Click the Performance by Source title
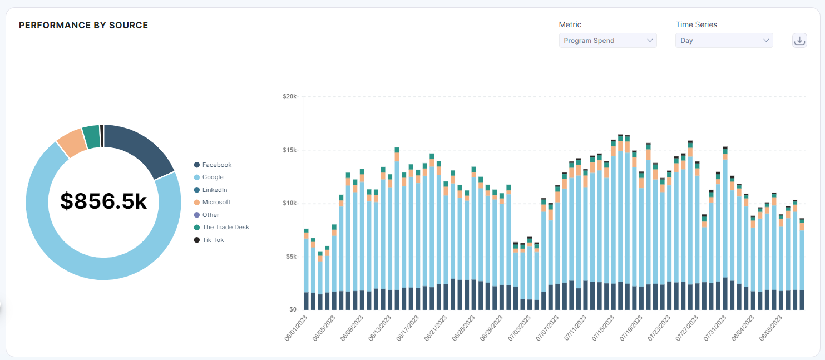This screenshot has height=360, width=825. [83, 26]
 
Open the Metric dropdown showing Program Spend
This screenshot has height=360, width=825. [607, 41]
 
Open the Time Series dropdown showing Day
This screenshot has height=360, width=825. [724, 41]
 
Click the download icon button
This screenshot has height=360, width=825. [799, 41]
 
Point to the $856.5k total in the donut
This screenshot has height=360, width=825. [103, 201]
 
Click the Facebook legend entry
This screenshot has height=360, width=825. [216, 165]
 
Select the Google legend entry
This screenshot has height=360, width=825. [213, 177]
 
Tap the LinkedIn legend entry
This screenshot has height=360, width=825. [214, 190]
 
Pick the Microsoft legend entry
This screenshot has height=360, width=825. [216, 202]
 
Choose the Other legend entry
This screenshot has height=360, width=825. [210, 215]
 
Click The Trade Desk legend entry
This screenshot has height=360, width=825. [225, 227]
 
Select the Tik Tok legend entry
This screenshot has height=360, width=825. [213, 240]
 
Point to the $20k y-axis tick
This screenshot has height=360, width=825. [289, 97]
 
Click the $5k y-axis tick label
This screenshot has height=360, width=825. [290, 257]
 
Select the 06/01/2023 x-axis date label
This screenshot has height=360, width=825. [296, 329]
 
